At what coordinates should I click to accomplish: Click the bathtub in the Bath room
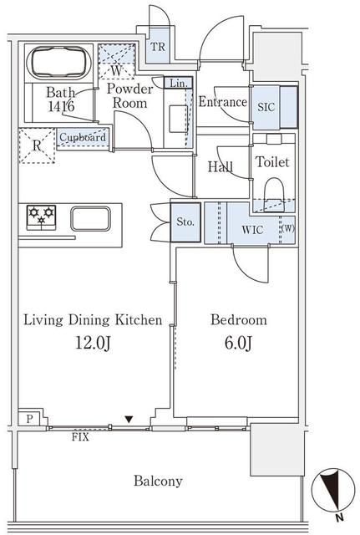58,63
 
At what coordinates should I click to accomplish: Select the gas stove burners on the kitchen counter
41,216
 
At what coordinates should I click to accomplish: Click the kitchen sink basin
91,219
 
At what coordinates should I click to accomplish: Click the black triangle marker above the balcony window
129,419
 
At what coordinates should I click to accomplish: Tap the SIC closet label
266,107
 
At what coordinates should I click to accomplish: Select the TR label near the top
158,47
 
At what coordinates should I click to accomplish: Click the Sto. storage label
185,222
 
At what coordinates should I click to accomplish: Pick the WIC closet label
252,230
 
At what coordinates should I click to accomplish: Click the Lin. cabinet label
178,83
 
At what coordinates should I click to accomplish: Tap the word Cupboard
83,137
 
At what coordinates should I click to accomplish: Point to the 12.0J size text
93,343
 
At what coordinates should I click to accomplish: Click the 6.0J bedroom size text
238,343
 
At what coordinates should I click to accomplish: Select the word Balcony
158,481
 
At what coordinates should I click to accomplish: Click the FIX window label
80,437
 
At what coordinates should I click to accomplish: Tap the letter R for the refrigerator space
37,145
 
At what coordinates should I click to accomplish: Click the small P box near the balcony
30,419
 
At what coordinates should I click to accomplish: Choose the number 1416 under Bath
61,106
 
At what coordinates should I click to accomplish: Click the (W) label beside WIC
288,228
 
